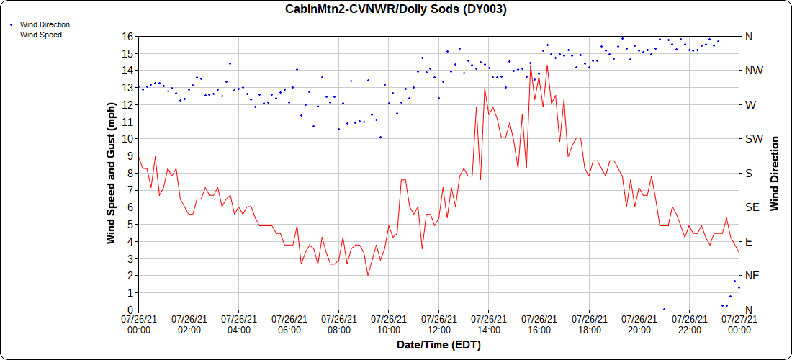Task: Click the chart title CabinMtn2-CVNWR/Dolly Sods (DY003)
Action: pyautogui.click(x=396, y=9)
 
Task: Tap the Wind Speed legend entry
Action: pyautogui.click(x=40, y=34)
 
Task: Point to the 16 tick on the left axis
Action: pyautogui.click(x=127, y=36)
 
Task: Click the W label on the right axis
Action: pyautogui.click(x=750, y=104)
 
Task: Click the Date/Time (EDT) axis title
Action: pyautogui.click(x=438, y=345)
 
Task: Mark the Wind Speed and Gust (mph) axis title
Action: pyautogui.click(x=111, y=173)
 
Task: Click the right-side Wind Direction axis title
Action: pyautogui.click(x=775, y=173)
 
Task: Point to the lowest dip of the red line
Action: pyautogui.click(x=368, y=275)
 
